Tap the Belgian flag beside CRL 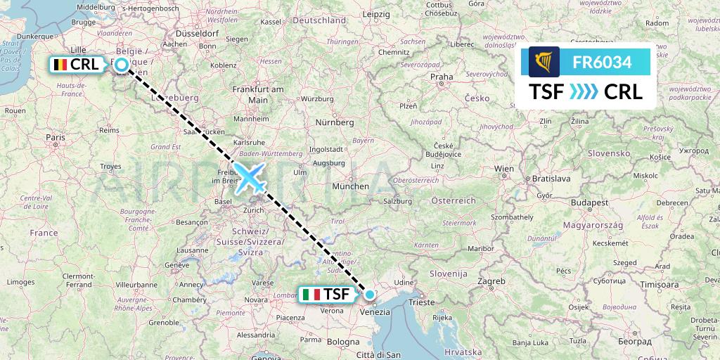click(60, 65)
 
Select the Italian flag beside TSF click(311, 294)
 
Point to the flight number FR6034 click(602, 62)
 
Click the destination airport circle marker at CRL click(122, 65)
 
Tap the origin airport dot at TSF click(370, 294)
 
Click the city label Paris click(56, 138)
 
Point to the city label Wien click(504, 169)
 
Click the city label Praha click(442, 77)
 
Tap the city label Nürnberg click(334, 122)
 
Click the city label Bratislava click(551, 179)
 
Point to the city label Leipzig click(377, 14)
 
